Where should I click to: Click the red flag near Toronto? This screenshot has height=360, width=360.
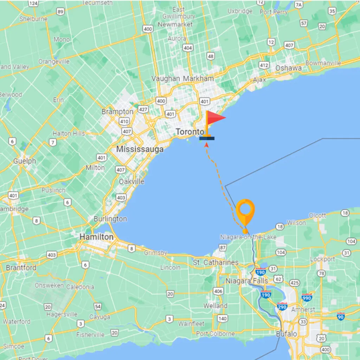[215, 118]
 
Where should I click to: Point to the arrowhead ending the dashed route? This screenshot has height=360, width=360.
[207, 144]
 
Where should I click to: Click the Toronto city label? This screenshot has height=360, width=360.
[189, 132]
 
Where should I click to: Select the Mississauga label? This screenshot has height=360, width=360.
[140, 149]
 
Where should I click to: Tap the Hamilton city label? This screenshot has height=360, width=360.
[96, 237]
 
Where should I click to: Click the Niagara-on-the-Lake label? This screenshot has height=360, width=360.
[248, 237]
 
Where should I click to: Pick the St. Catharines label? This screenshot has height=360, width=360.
[216, 263]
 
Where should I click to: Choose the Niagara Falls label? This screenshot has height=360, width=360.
[246, 281]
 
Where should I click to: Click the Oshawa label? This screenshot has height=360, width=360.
[288, 68]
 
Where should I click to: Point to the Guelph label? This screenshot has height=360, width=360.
[25, 161]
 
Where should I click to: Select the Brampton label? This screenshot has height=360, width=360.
[117, 112]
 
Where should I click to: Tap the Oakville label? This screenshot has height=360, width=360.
[131, 182]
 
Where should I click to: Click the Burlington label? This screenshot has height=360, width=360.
[110, 219]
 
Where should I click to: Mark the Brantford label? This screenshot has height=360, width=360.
[21, 268]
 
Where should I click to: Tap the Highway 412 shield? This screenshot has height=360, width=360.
[264, 65]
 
